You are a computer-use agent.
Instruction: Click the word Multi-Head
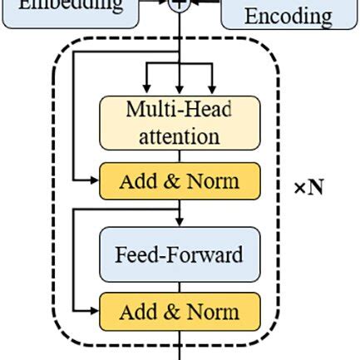point(179,109)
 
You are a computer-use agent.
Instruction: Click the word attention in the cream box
point(179,135)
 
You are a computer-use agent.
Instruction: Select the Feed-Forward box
point(180,254)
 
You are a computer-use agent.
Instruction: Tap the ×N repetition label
point(308,188)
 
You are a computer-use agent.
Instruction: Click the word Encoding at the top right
point(288,15)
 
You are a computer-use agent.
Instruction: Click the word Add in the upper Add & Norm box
point(137,181)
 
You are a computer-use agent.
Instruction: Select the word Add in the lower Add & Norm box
point(137,312)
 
